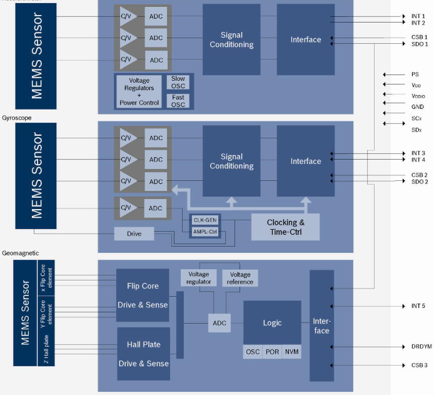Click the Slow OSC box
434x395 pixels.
tap(178, 83)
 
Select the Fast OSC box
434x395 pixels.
tap(178, 101)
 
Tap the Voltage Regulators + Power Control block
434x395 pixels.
tap(139, 91)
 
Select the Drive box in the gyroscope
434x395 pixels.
tap(133, 233)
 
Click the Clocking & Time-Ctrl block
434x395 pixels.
tap(285, 227)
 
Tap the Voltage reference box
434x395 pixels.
tap(240, 278)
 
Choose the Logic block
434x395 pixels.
tap(271, 323)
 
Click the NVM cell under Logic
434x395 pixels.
tap(291, 352)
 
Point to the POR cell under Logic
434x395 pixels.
tap(272, 352)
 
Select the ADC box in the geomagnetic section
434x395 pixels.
tap(219, 323)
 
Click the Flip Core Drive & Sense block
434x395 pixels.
tap(143, 295)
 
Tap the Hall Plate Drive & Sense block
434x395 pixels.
tap(144, 354)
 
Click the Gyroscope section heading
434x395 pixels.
tap(17, 118)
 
